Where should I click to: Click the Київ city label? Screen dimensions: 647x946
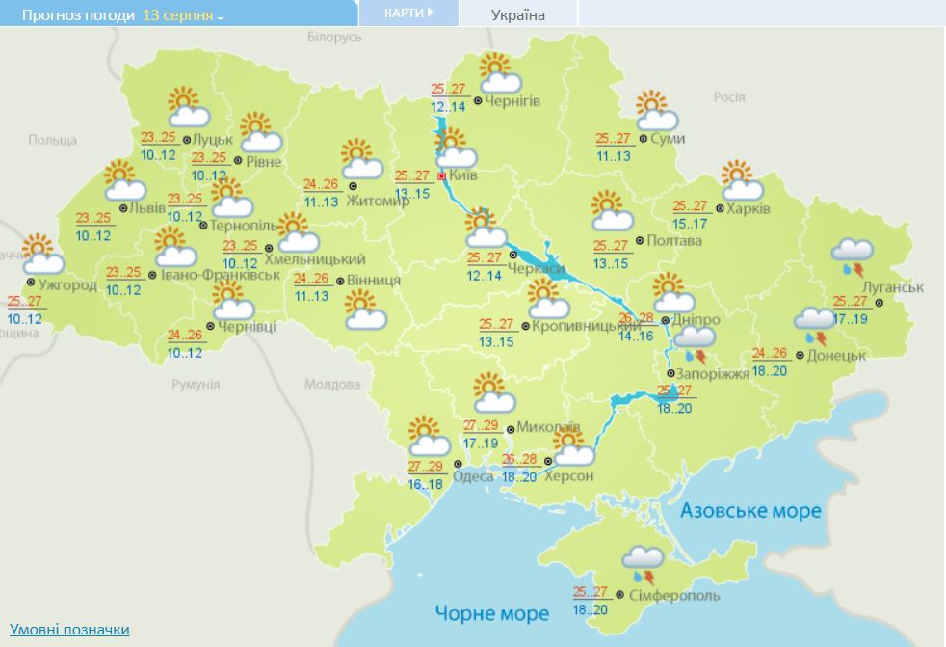coord(463,177)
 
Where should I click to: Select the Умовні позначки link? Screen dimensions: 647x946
coord(69,630)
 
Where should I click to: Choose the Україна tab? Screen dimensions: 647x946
coord(517,14)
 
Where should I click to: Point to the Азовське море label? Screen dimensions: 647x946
coord(750,510)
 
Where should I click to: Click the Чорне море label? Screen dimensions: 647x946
coord(491,612)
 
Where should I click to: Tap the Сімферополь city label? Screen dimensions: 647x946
coord(674,597)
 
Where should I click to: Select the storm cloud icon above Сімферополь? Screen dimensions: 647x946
coord(643,566)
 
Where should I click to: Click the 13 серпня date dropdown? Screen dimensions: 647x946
coord(182,16)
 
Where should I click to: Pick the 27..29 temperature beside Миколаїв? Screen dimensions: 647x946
coord(480,425)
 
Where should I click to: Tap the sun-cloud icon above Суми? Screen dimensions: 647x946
coord(657,111)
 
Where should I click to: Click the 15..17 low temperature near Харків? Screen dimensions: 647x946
coord(690,224)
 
